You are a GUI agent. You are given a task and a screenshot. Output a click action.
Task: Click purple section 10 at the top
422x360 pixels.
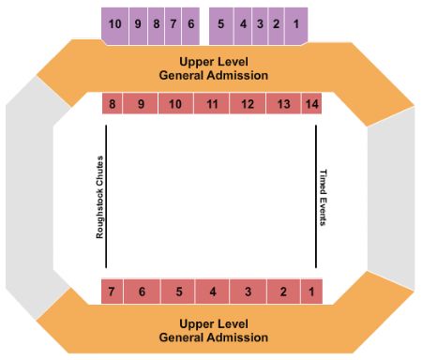coord(114,23)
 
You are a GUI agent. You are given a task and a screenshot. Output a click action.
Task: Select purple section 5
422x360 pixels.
coord(220,23)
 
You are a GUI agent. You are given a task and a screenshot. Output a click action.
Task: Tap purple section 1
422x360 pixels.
coord(296,23)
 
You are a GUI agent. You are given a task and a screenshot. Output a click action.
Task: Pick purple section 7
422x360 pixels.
coord(173,23)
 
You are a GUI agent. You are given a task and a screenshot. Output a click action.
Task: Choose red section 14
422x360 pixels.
coord(312,104)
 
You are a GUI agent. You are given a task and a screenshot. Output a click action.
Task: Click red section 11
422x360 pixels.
coord(213,104)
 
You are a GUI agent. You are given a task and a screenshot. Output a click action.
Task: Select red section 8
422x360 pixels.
coord(113,104)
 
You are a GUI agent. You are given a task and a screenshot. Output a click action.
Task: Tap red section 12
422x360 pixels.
coord(248,104)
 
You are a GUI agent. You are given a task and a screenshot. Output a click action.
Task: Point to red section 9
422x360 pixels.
coord(141,104)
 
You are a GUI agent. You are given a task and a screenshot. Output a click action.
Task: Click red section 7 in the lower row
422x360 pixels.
coord(112,292)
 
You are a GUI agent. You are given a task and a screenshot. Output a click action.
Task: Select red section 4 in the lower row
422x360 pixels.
coord(213,292)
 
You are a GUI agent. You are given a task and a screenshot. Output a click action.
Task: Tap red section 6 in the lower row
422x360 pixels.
coord(142,292)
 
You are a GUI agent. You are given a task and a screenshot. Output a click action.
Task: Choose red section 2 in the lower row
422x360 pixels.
coord(282,292)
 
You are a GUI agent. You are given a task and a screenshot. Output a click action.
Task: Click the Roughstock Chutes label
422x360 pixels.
coord(98,196)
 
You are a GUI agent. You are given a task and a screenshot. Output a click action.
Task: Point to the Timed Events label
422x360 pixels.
coord(324,198)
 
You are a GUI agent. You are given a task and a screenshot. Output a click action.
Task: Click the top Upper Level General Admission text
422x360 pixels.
coord(213,67)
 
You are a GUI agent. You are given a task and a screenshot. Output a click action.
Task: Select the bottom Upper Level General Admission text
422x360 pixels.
coord(213,330)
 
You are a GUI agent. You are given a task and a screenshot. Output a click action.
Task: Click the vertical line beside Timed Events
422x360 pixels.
coord(316,197)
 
